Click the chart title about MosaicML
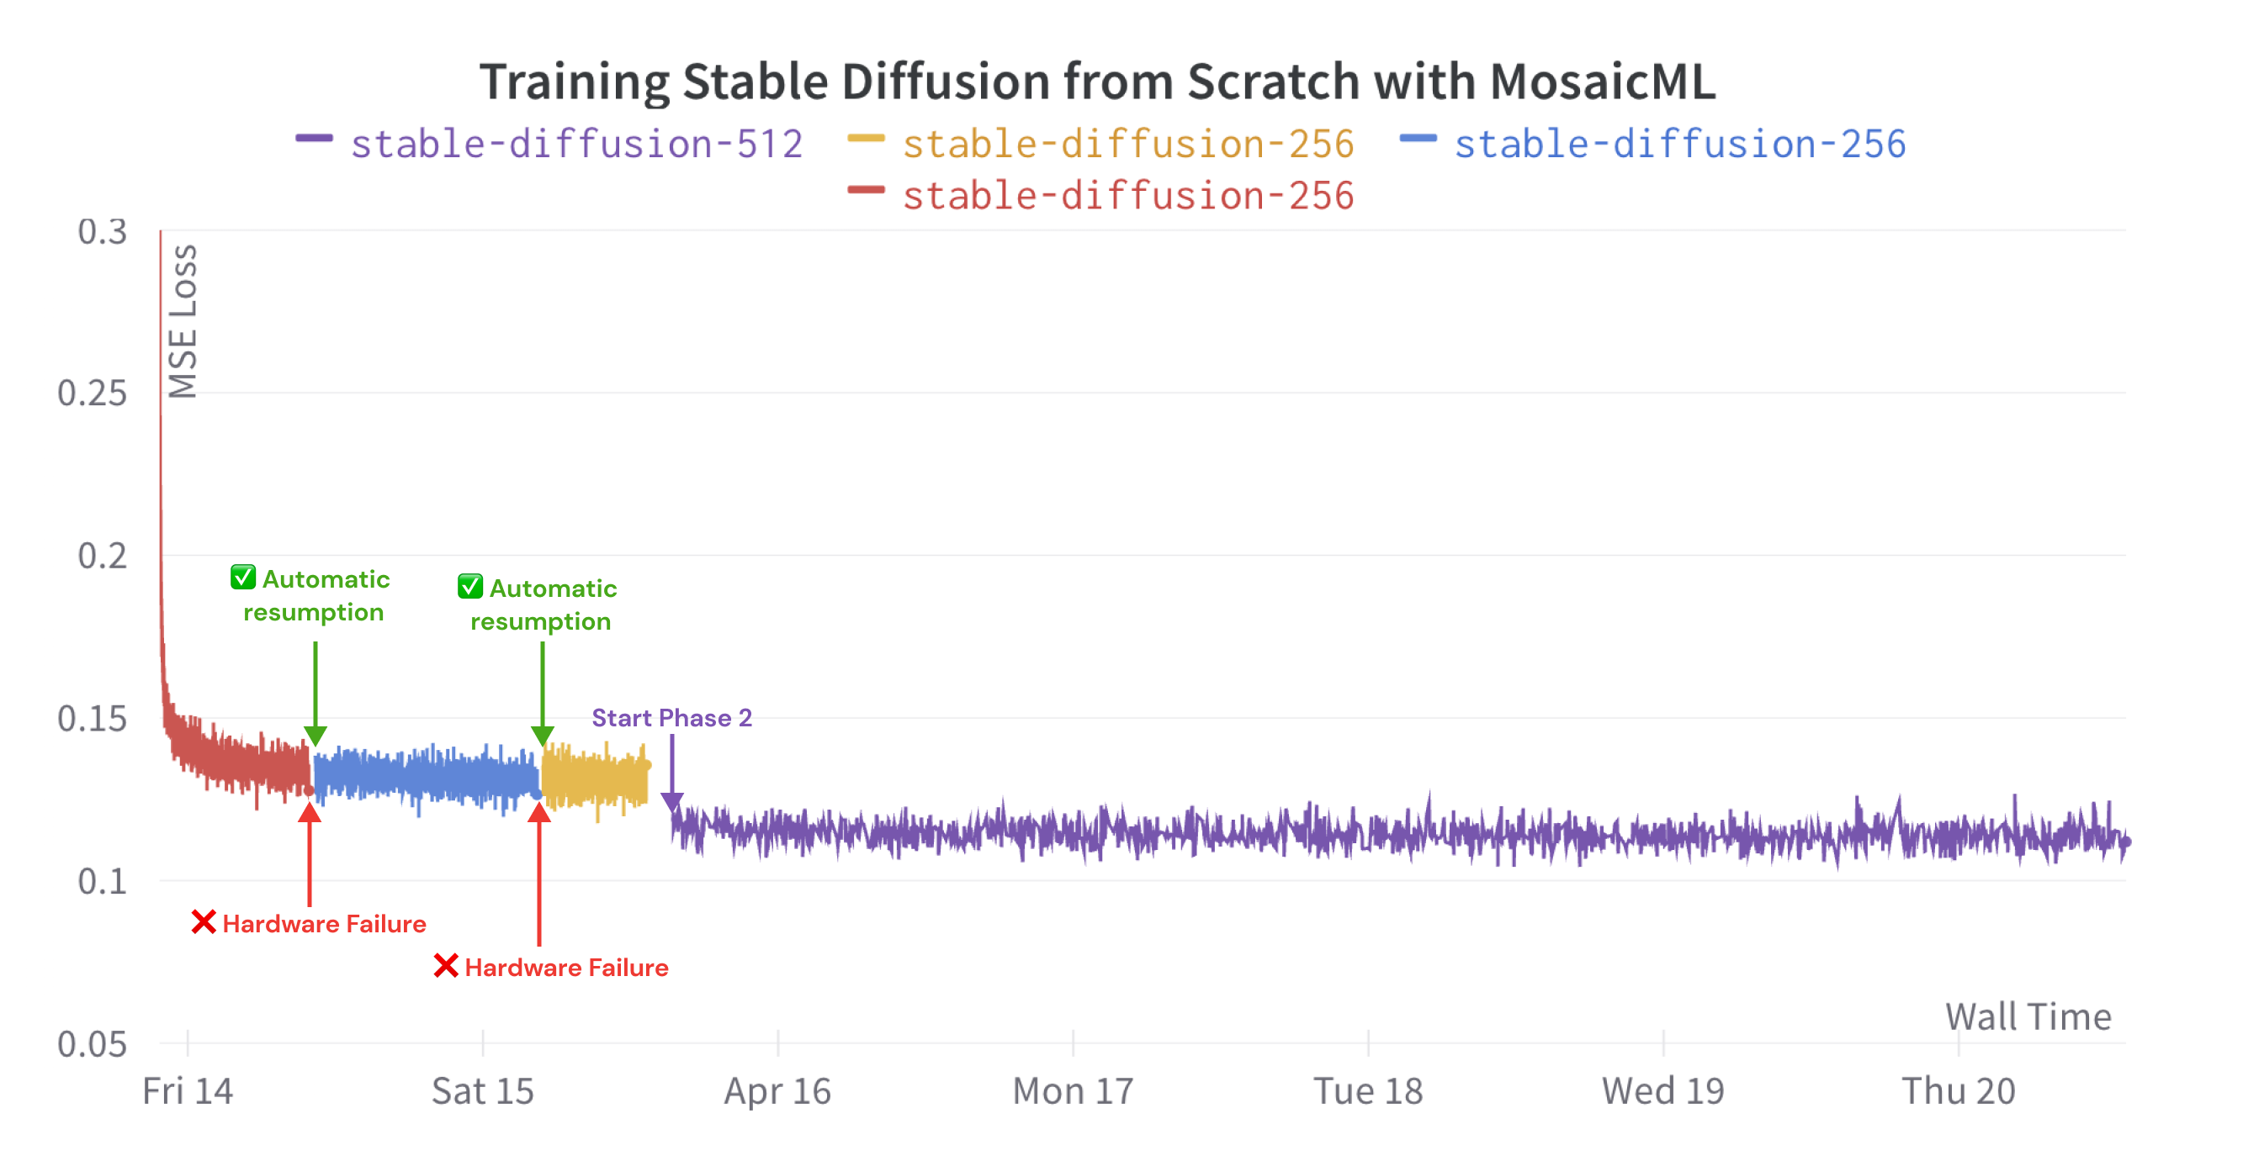(x=1097, y=82)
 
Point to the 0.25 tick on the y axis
(x=92, y=393)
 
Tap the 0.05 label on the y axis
(x=92, y=1043)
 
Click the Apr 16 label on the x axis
(x=777, y=1090)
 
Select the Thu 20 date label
(x=1959, y=1090)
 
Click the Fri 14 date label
(x=188, y=1090)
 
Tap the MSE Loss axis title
(x=183, y=321)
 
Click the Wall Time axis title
(x=2028, y=1016)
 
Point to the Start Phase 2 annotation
(x=671, y=717)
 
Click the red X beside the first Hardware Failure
(x=204, y=921)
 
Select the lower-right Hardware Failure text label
(x=566, y=967)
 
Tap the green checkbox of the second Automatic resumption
(x=470, y=587)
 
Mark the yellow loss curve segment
(x=595, y=777)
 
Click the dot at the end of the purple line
(x=2125, y=842)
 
